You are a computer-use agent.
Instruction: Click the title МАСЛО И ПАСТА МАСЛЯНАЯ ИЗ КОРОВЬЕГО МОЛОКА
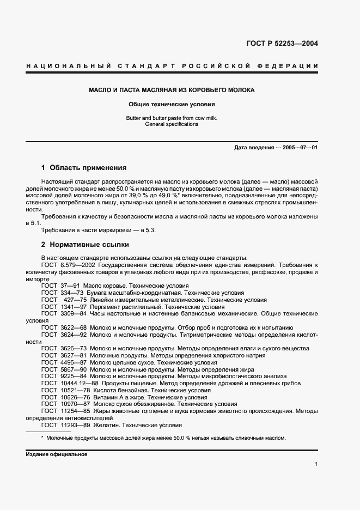[x=172, y=90]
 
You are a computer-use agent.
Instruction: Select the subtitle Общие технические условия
[x=172, y=104]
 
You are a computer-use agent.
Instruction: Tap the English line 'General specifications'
[x=172, y=124]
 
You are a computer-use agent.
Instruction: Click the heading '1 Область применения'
[x=84, y=168]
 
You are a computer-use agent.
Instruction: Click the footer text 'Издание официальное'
[x=56, y=454]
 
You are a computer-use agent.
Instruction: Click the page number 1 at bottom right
[x=316, y=464]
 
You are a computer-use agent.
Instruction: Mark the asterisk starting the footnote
[x=42, y=438]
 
